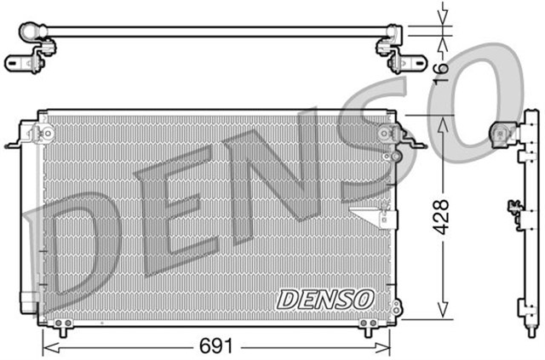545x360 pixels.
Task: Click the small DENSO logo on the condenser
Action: [x=325, y=300]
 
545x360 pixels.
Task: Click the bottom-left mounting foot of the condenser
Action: [x=60, y=325]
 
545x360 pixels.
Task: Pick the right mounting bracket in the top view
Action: [x=399, y=61]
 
